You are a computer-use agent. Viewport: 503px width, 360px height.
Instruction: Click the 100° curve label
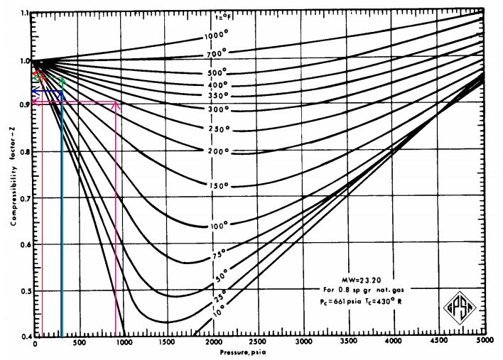point(220,225)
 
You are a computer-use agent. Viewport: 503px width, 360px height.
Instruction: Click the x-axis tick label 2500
point(259,344)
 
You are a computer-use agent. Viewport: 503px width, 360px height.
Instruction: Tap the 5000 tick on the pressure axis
point(485,344)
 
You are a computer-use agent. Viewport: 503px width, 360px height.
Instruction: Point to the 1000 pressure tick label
point(124,344)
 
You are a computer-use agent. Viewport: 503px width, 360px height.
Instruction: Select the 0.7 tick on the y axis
point(25,199)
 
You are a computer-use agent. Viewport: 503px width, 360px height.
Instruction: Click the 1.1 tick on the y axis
point(25,14)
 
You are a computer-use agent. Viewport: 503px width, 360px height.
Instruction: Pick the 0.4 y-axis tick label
point(25,336)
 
